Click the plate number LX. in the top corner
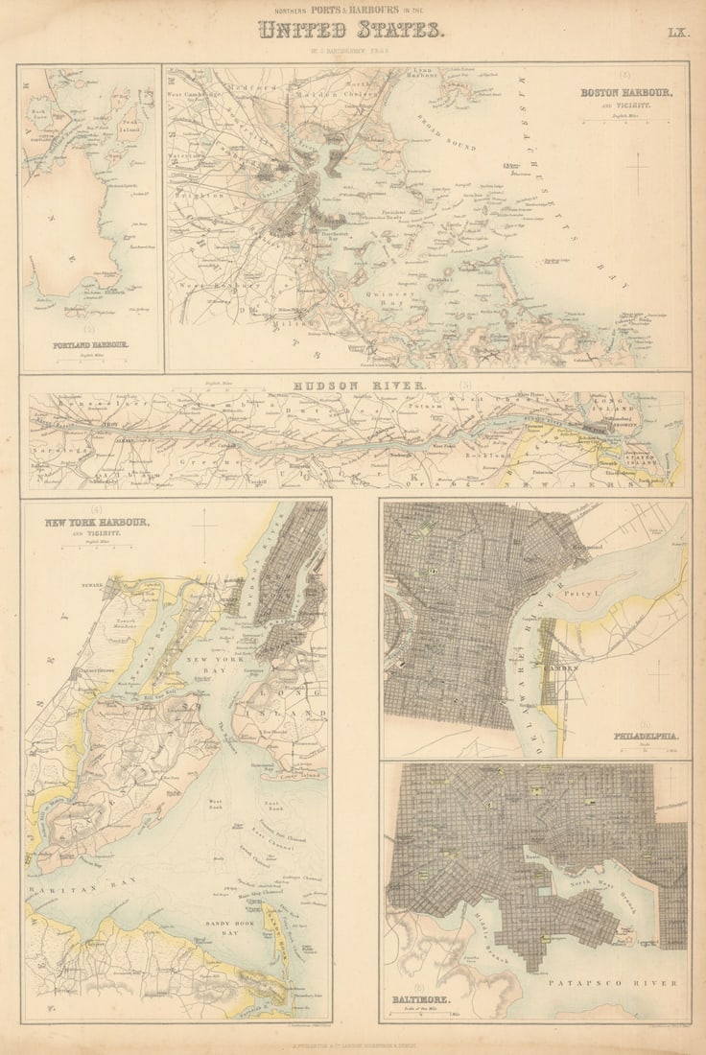tap(677, 33)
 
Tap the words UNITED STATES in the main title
tap(352, 31)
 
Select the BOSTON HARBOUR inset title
tap(626, 93)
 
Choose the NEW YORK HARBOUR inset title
tap(96, 522)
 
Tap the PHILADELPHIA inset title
tap(647, 737)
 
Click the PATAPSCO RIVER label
tap(612, 983)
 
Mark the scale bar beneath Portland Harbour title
tap(90, 361)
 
